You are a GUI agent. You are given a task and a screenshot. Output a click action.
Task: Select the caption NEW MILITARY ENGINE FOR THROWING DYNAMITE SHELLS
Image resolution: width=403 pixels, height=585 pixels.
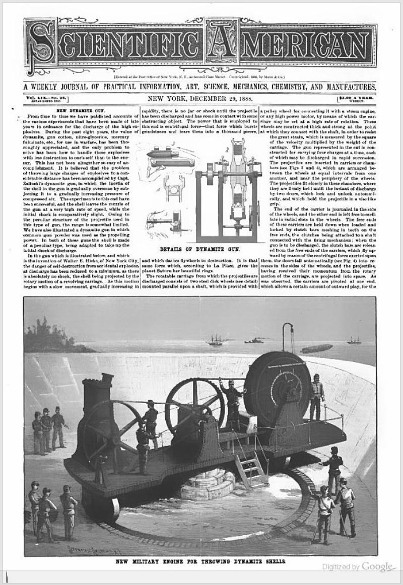pyautogui.click(x=200, y=560)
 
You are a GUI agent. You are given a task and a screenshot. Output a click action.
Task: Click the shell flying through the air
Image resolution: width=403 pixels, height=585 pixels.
pyautogui.click(x=316, y=348)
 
